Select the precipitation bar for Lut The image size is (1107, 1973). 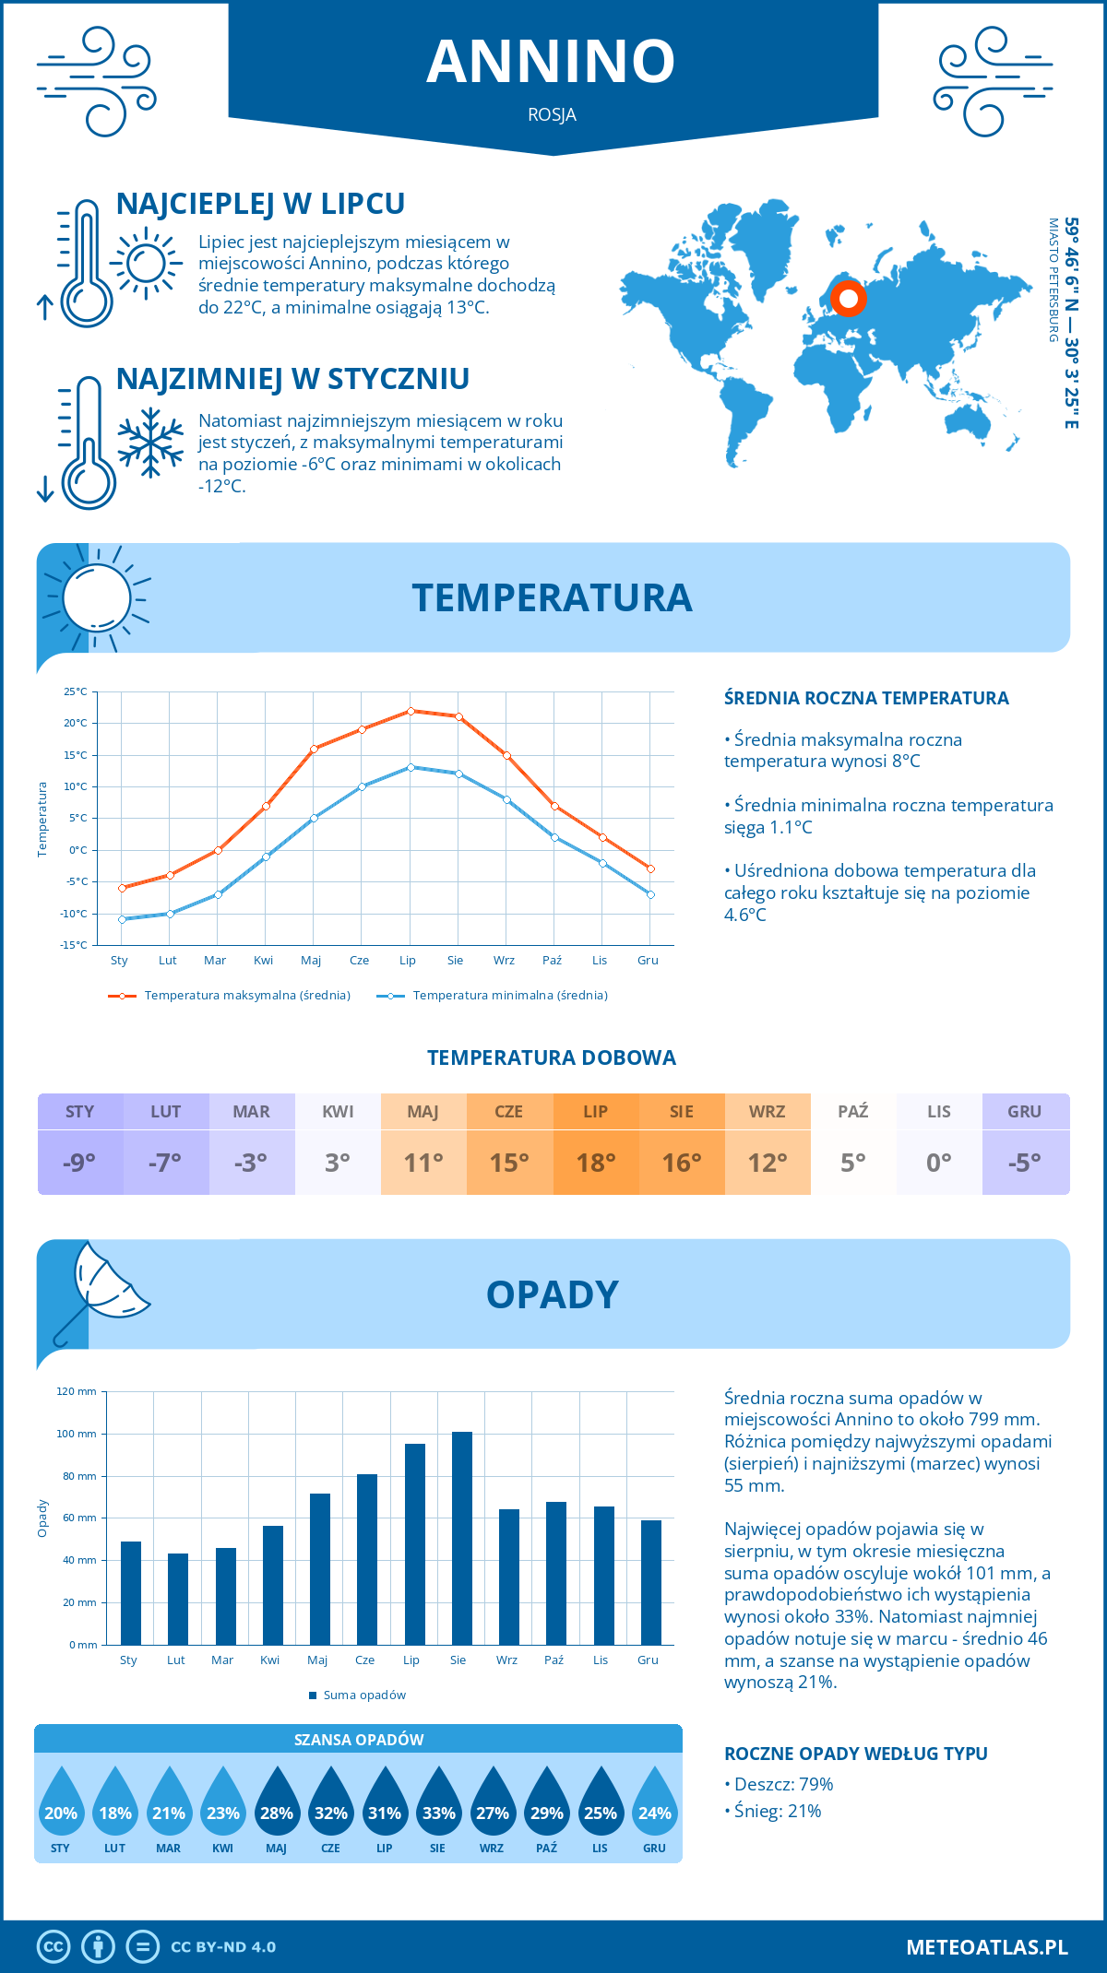pyautogui.click(x=178, y=1599)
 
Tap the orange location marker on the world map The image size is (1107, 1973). pyautogui.click(x=848, y=299)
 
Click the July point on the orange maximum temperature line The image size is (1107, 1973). pyautogui.click(x=411, y=711)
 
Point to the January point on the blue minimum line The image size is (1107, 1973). pyautogui.click(x=122, y=919)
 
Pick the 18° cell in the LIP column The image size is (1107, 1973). pyautogui.click(x=596, y=1163)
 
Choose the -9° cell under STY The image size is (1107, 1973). pyautogui.click(x=80, y=1163)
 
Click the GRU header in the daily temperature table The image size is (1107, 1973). pyautogui.click(x=1025, y=1112)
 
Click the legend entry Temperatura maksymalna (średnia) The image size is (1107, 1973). pyautogui.click(x=230, y=996)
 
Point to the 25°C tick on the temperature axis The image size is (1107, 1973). pyautogui.click(x=76, y=691)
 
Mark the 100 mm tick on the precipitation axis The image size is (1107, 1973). pyautogui.click(x=77, y=1434)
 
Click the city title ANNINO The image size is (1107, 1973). pyautogui.click(x=551, y=62)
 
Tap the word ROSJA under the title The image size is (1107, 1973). pyautogui.click(x=552, y=115)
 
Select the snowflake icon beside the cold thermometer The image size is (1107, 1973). pyautogui.click(x=150, y=443)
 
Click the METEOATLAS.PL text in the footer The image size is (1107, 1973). pyautogui.click(x=986, y=1947)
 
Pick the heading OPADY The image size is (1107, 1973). pyautogui.click(x=552, y=1294)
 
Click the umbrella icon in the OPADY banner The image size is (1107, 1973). pyautogui.click(x=101, y=1287)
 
